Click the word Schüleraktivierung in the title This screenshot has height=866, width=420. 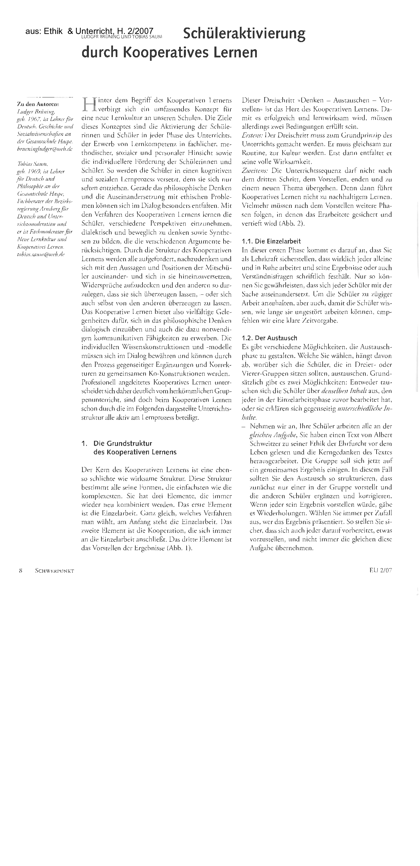(x=244, y=34)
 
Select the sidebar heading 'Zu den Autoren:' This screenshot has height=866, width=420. (x=38, y=104)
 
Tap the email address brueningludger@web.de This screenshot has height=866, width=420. (x=44, y=148)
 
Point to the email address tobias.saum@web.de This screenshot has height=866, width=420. (x=40, y=254)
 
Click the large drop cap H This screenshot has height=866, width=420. (x=89, y=104)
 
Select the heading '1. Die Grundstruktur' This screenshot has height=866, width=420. (x=117, y=443)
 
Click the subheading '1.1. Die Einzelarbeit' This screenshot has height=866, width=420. (x=271, y=241)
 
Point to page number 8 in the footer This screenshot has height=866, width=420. (x=20, y=571)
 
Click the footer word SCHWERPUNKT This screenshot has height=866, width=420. (x=54, y=571)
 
